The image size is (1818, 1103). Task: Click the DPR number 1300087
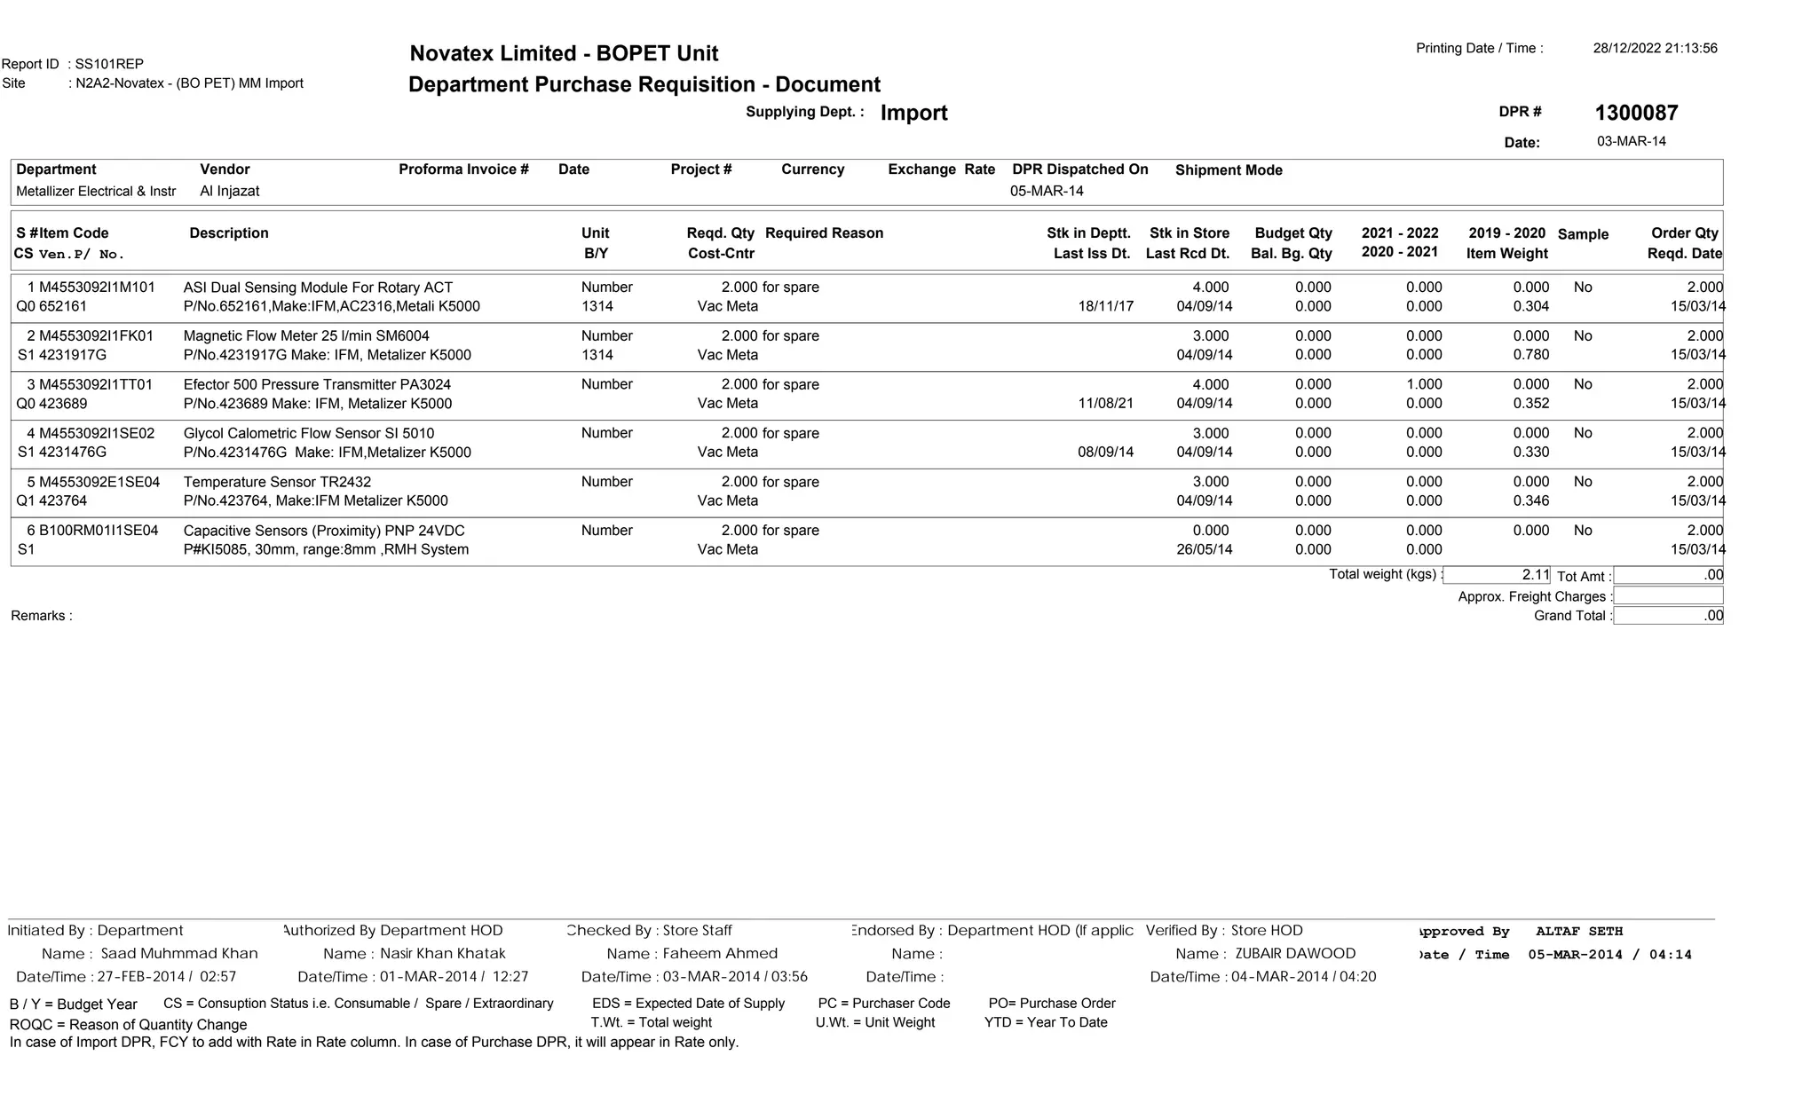click(1635, 114)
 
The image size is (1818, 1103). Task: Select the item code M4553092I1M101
click(97, 288)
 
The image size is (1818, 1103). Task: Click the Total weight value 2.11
click(1535, 575)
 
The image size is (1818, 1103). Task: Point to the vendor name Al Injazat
click(230, 192)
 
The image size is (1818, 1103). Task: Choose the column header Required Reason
click(824, 233)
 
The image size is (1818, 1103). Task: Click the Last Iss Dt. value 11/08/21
click(1105, 404)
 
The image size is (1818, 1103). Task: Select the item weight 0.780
click(1530, 355)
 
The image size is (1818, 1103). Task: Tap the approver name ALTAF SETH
click(1578, 932)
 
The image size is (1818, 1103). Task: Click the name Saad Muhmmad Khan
click(179, 954)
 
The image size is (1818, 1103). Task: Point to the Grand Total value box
click(1667, 616)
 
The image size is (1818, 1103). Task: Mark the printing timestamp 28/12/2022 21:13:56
click(1655, 49)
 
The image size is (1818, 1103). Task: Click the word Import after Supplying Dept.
click(913, 114)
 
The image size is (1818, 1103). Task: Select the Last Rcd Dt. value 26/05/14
click(1204, 549)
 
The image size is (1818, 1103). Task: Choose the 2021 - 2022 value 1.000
click(1424, 385)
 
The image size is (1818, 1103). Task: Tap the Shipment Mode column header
click(1229, 170)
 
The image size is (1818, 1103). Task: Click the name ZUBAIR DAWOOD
click(1295, 954)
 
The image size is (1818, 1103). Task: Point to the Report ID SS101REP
click(109, 64)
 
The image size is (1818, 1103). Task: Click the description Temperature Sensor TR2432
click(277, 482)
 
